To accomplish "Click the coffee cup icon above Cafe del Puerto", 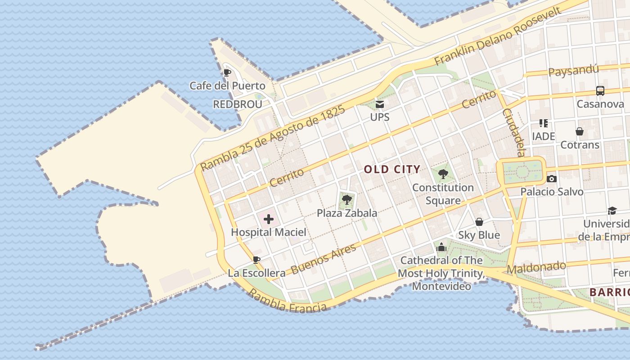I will (x=227, y=72).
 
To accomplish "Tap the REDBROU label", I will (x=237, y=104).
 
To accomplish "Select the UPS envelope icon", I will (x=380, y=104).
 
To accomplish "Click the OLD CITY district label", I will (x=392, y=170).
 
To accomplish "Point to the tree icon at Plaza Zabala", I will (x=346, y=199).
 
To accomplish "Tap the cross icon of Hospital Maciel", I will (x=269, y=219).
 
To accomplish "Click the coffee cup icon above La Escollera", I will (x=256, y=260).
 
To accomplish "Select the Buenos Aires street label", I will (x=323, y=259).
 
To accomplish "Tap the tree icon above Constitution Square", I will (x=443, y=174).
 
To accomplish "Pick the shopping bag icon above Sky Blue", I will (x=479, y=222).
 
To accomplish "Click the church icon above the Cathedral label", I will (x=441, y=247).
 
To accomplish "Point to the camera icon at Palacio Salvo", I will (x=552, y=179).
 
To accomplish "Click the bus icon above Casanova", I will (x=600, y=91).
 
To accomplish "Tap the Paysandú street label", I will (x=574, y=71).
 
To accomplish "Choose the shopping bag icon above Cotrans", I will (x=580, y=131).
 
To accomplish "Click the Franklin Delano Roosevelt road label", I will (x=498, y=36).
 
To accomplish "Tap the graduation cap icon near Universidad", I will (x=612, y=211).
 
